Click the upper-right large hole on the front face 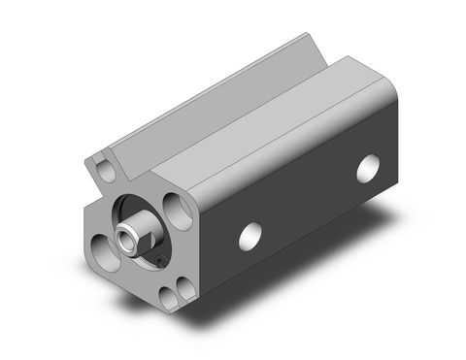pyautogui.click(x=180, y=210)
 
